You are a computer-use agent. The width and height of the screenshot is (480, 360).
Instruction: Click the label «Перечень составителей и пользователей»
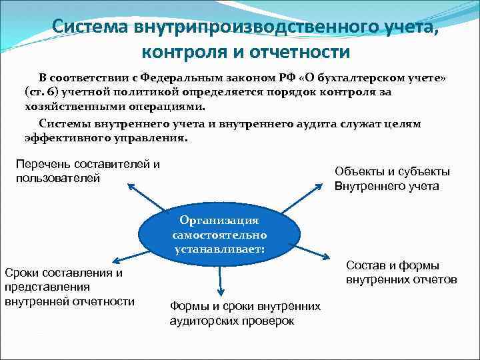tap(88, 171)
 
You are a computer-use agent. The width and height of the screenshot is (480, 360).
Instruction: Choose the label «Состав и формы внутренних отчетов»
tap(401, 272)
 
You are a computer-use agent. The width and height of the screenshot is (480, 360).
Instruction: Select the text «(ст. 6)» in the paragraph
tap(43, 92)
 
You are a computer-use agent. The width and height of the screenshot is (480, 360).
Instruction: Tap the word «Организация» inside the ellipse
tap(219, 221)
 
